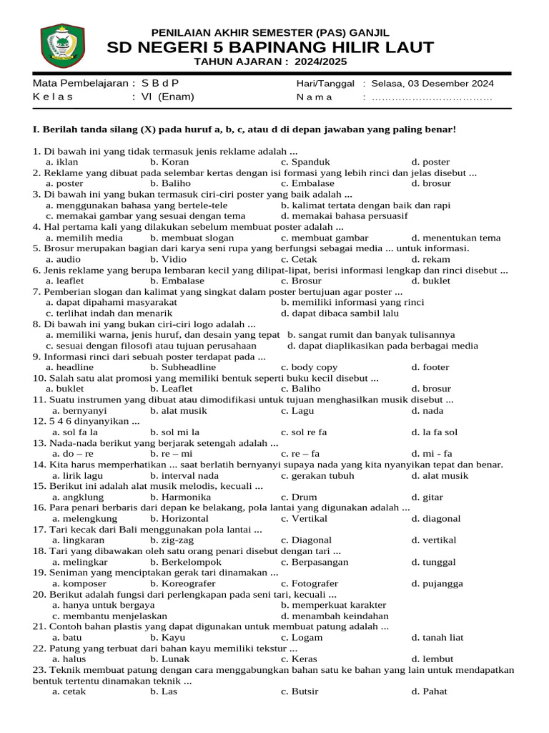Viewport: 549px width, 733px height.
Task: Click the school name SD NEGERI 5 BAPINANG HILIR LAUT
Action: tap(270, 48)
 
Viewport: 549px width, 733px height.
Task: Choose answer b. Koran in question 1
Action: tap(169, 162)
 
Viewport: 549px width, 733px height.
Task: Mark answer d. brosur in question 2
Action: tap(431, 184)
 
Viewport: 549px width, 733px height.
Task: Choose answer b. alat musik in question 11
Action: tap(179, 411)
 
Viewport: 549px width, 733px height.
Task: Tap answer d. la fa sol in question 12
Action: tap(434, 432)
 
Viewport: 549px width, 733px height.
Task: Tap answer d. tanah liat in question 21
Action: tap(437, 637)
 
